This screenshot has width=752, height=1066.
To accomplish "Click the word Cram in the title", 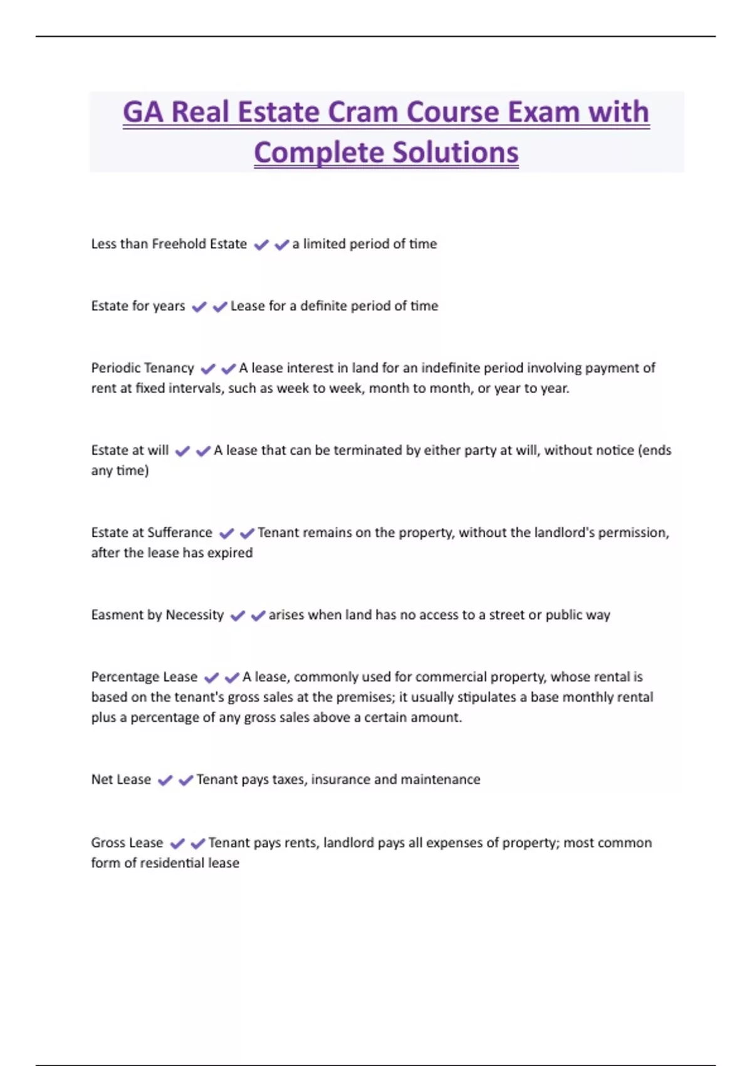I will (x=363, y=113).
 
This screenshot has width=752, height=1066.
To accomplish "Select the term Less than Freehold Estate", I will (x=169, y=244).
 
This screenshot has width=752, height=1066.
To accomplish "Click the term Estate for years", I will (x=138, y=306).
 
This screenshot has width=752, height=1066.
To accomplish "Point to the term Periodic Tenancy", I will (x=142, y=368).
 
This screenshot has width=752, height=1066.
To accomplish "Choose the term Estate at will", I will (x=130, y=450).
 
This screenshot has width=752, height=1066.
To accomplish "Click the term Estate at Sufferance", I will (x=152, y=532).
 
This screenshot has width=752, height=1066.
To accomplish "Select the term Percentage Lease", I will (x=144, y=677).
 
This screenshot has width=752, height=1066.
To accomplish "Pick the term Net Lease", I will (x=121, y=779).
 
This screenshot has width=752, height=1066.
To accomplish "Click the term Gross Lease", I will (x=127, y=843).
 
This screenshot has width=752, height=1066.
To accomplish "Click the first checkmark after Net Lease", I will (x=165, y=781).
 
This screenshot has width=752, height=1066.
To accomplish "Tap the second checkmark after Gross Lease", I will (x=198, y=843).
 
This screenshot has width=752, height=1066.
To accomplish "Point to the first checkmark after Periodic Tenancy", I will (x=208, y=369).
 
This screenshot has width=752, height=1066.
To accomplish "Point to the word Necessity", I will (x=194, y=615).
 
